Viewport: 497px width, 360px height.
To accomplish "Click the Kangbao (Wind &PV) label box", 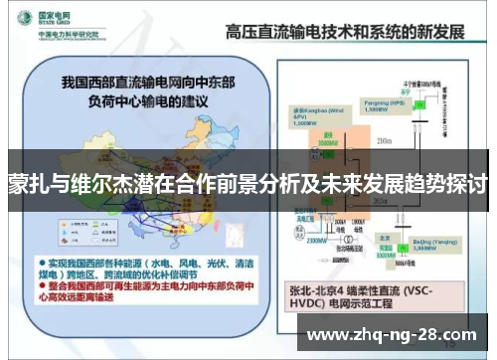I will [x=310, y=113].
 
